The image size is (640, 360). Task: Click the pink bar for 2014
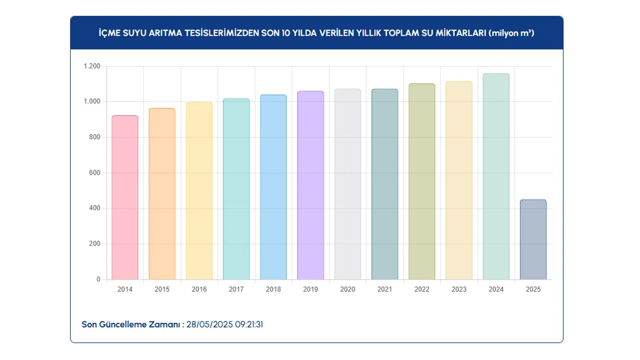point(125,198)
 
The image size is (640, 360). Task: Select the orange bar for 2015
point(162,194)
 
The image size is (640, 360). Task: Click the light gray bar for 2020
point(348,184)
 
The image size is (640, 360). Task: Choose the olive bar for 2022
point(422,182)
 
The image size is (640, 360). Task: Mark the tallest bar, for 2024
point(496,176)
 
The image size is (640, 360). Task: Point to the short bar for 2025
point(533,240)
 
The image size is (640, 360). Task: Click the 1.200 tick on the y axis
point(92,66)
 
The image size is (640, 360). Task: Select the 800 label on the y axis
point(95,137)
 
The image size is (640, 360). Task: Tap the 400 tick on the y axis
point(95,208)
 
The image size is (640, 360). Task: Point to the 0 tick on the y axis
point(98,279)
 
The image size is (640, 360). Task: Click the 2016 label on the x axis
point(199,289)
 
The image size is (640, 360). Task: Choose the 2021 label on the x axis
point(385,289)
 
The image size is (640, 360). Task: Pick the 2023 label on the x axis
point(459,289)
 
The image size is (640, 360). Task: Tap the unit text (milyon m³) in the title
point(511,33)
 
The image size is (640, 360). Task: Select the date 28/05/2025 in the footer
point(210,324)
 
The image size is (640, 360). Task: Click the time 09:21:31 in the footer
point(249,324)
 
